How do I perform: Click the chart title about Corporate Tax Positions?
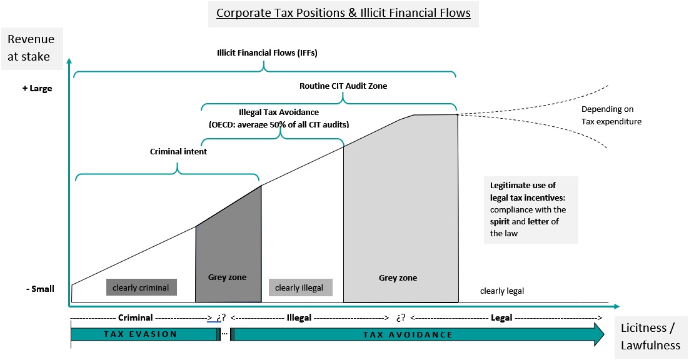point(343,13)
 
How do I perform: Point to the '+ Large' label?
point(37,88)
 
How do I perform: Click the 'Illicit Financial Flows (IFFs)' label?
point(263,52)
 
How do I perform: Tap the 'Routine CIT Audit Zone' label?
point(343,86)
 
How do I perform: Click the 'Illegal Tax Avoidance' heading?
point(279,112)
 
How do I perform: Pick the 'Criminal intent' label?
point(178,151)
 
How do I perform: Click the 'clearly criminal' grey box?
point(141,287)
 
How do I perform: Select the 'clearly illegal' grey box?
point(299,287)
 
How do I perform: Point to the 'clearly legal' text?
point(501,291)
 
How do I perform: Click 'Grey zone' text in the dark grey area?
point(227,277)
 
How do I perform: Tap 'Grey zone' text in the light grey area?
point(398,277)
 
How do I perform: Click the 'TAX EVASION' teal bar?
point(143,334)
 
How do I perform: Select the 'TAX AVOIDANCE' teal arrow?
point(408,334)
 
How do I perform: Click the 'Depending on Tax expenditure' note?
point(611,116)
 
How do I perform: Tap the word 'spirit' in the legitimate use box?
point(501,221)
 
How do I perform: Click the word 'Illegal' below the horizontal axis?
point(299,317)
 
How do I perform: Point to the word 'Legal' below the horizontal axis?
point(501,317)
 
